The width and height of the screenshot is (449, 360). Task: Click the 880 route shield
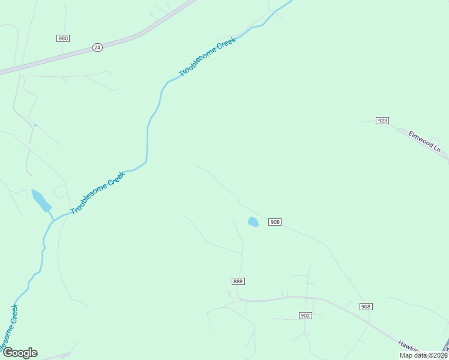[63, 38]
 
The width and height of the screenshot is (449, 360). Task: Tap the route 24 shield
[97, 47]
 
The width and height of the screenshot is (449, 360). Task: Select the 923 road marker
[382, 121]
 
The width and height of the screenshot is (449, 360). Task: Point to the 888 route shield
[238, 281]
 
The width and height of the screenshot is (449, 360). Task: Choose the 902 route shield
[306, 316]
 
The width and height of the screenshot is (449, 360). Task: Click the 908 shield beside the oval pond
[275, 222]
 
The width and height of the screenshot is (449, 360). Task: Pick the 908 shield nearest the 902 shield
[366, 307]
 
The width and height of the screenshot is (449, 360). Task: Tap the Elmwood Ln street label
[424, 141]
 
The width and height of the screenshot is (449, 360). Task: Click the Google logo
[20, 353]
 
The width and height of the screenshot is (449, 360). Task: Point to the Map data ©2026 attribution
[424, 355]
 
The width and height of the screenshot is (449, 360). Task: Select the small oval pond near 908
[253, 222]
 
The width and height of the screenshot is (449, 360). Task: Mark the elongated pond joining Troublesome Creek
[41, 200]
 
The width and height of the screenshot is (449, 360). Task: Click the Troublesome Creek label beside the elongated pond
[98, 193]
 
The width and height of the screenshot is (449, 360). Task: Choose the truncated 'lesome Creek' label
[8, 329]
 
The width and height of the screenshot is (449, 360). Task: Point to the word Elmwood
[420, 139]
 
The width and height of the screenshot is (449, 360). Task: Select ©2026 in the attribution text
[436, 355]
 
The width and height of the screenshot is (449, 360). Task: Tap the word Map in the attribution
[406, 355]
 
